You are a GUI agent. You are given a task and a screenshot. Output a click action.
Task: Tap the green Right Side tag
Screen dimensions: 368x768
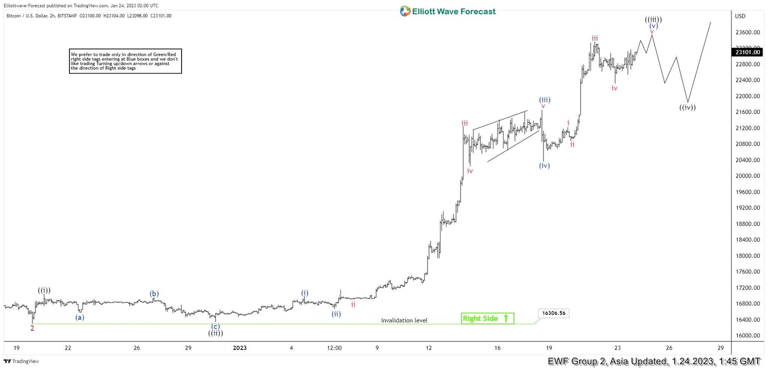click(487, 318)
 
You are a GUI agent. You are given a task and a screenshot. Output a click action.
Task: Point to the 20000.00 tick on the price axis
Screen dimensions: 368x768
click(747, 176)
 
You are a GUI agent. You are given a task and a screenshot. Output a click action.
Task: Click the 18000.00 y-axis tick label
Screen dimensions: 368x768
click(747, 256)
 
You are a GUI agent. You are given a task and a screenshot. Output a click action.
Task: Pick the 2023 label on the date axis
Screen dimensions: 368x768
click(239, 348)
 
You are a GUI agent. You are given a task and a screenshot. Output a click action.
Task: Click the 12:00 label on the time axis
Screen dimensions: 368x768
click(334, 348)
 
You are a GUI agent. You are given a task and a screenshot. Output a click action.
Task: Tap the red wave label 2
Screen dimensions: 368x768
click(32, 328)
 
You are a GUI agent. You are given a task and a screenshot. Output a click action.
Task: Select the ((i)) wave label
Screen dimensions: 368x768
click(44, 290)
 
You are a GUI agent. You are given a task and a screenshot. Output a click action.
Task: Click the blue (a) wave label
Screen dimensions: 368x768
click(80, 317)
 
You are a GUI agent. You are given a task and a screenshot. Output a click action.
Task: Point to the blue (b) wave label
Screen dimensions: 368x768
click(154, 294)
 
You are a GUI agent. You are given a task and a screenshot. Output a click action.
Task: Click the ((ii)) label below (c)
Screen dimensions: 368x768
click(215, 333)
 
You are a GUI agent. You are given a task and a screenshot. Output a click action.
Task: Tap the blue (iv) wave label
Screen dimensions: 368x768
click(544, 166)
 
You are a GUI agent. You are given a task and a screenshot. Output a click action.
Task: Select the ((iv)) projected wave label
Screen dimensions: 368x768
click(687, 107)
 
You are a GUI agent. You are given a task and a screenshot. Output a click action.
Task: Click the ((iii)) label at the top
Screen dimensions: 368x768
click(653, 20)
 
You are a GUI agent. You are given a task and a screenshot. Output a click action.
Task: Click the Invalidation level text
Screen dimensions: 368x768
click(404, 320)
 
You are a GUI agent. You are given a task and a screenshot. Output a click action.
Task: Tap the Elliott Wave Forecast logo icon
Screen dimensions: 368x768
click(405, 11)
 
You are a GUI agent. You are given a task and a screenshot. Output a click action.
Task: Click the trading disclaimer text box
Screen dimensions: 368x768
click(125, 61)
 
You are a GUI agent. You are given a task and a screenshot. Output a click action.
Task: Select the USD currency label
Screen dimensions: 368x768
click(740, 16)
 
